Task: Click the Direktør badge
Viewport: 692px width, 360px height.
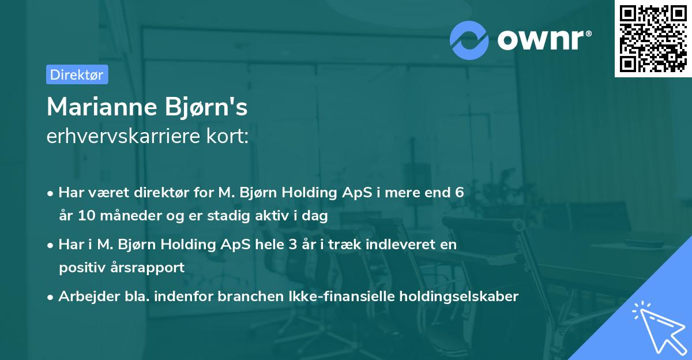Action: [x=77, y=74]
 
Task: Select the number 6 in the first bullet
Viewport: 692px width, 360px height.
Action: [x=459, y=193]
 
